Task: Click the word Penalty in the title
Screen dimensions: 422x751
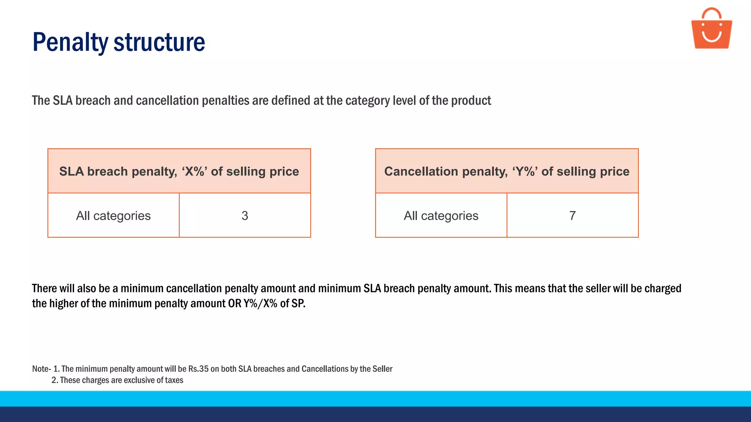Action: coord(70,42)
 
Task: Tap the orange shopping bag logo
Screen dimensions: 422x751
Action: coord(711,33)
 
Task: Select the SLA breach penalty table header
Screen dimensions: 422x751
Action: coord(179,171)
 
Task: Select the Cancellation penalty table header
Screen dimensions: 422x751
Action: coord(507,171)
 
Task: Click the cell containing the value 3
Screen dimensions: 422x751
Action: coord(245,215)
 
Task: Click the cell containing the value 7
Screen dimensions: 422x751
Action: coord(572,215)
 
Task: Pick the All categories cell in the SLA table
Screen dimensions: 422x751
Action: coord(113,215)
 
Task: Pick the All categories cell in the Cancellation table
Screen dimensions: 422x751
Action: coord(441,215)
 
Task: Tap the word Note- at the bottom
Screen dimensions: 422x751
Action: coord(41,369)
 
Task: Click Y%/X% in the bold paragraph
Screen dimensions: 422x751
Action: coord(260,304)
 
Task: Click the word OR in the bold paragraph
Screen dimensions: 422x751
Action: coord(235,304)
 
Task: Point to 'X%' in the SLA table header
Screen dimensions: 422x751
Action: coord(195,171)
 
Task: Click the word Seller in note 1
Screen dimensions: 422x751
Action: coord(382,369)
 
